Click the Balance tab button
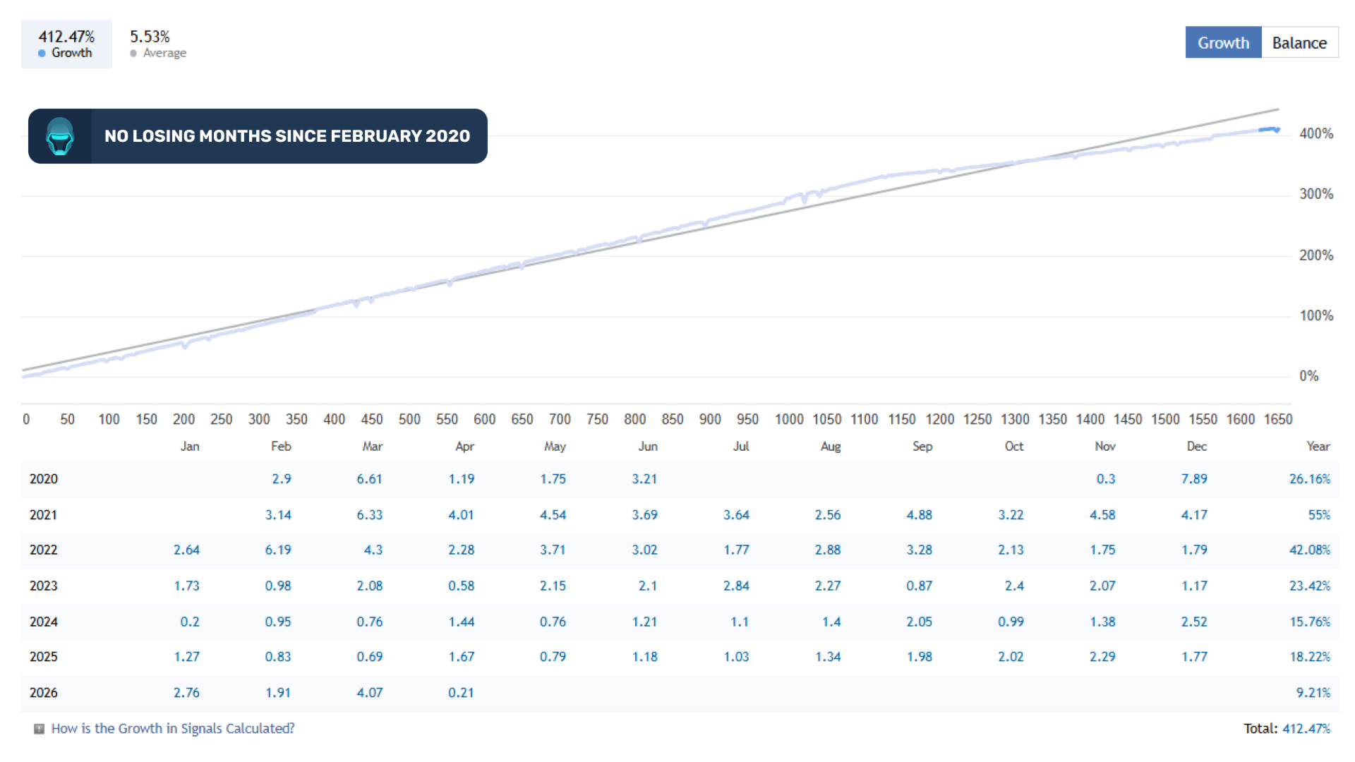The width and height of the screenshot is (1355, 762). click(1299, 43)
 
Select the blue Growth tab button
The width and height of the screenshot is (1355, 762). click(1223, 43)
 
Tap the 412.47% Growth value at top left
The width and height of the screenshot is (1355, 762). click(66, 37)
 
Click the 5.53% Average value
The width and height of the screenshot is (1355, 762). click(150, 37)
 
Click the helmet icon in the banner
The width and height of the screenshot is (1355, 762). click(60, 136)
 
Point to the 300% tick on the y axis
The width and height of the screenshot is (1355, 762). click(1316, 194)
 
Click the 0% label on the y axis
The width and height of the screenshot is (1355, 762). click(1308, 376)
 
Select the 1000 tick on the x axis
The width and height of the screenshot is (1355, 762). click(789, 419)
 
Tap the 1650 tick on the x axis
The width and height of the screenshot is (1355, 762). click(1277, 419)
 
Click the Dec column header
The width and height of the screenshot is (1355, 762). click(1196, 447)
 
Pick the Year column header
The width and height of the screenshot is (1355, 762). click(1318, 447)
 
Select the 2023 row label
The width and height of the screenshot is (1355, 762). click(44, 586)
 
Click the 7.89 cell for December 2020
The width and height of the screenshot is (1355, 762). click(1194, 479)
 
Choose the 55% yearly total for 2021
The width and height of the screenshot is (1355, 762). click(1318, 515)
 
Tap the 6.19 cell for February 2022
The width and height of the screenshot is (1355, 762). click(278, 550)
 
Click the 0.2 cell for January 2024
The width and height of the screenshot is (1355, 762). click(189, 622)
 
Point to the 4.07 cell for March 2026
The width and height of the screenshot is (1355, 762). click(370, 693)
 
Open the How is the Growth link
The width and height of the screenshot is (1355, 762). click(173, 728)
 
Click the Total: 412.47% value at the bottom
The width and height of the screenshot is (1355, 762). click(1306, 728)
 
